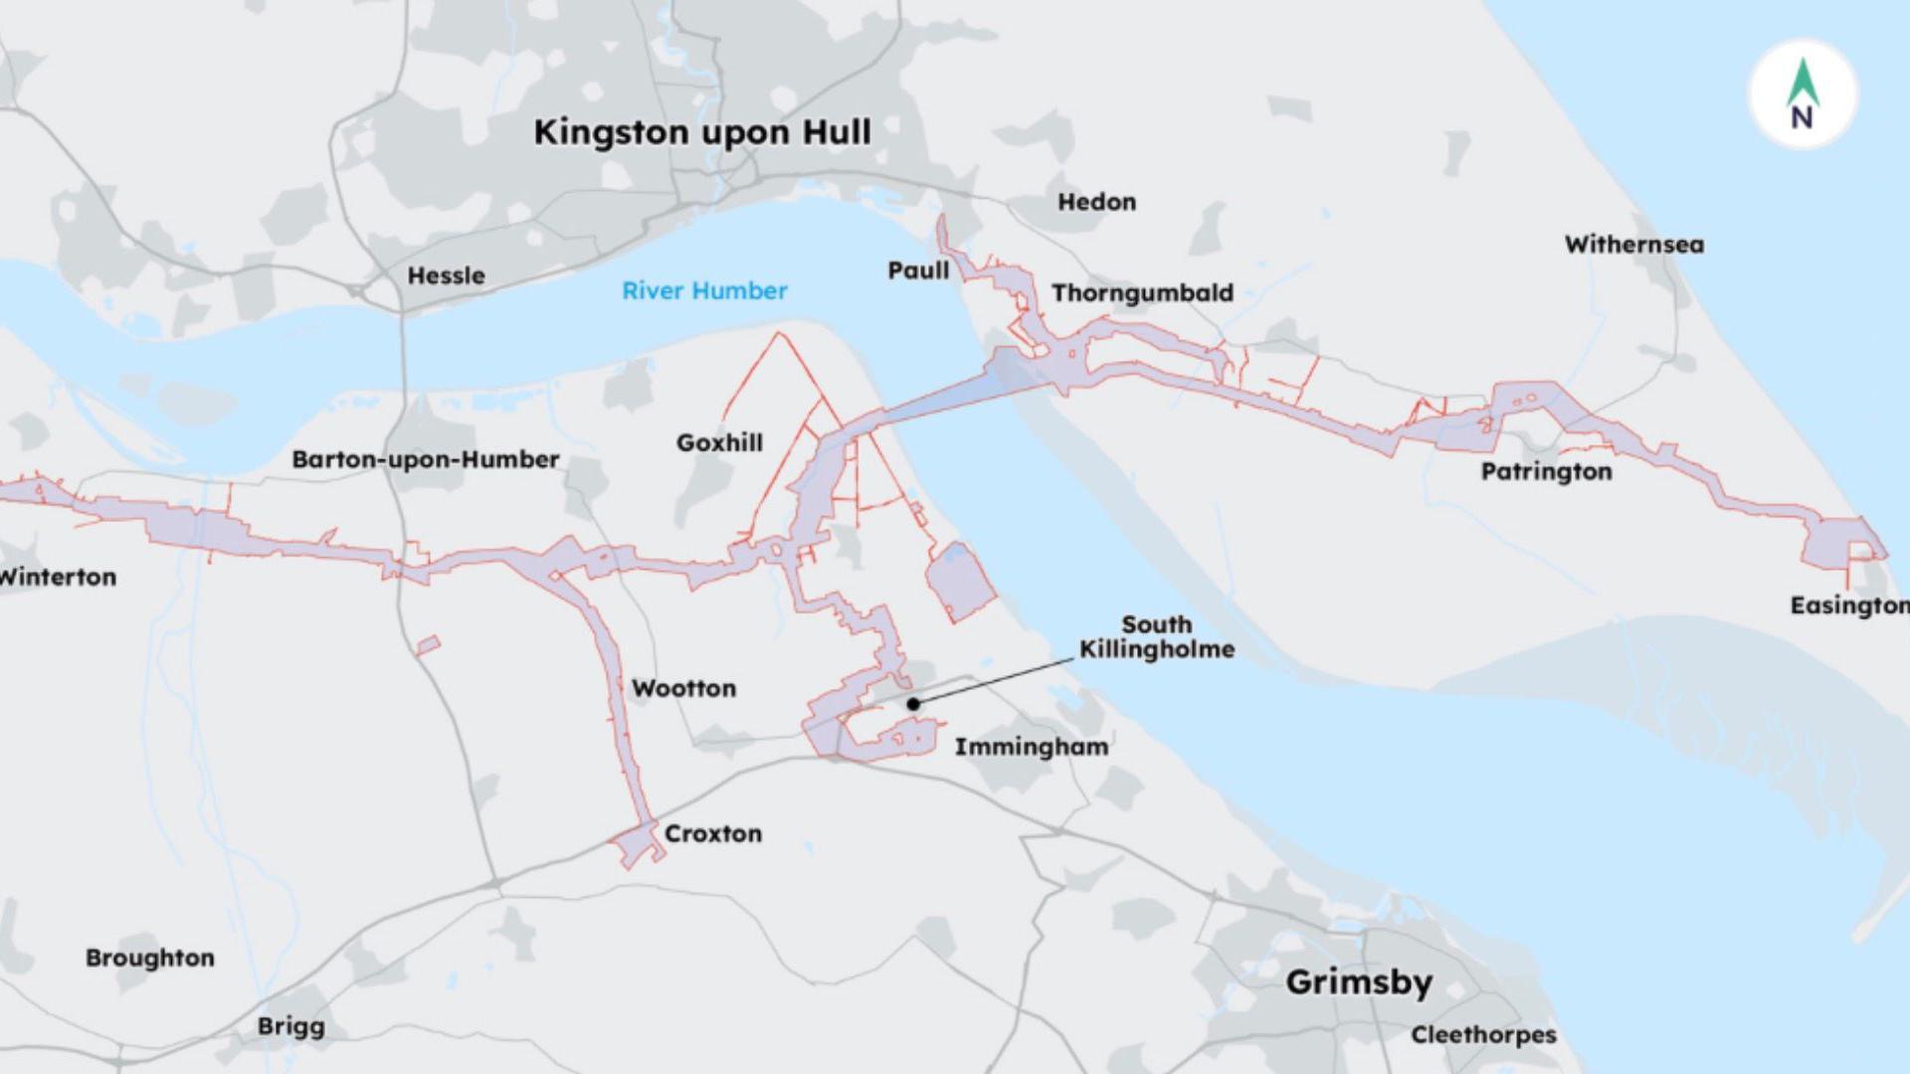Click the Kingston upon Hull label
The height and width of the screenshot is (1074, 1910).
(702, 132)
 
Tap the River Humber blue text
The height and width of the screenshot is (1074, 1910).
(704, 290)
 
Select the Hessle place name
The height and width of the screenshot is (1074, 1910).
(446, 275)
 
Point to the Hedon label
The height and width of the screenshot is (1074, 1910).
(1096, 202)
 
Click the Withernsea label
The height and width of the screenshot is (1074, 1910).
(1633, 245)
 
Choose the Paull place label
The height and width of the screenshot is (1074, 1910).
(917, 270)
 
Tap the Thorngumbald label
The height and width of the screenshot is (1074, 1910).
(1142, 293)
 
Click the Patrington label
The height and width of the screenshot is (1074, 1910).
(1546, 471)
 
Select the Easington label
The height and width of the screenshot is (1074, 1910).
(1848, 606)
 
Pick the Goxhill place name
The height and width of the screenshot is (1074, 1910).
(719, 443)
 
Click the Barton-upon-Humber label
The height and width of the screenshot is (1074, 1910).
(425, 459)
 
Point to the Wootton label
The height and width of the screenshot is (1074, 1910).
(683, 688)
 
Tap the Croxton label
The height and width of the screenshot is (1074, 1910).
(712, 833)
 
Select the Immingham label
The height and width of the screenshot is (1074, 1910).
(1032, 747)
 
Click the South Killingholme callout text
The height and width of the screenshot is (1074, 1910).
(1156, 637)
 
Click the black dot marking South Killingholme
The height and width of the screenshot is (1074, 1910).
(913, 704)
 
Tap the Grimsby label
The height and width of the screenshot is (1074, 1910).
(1359, 983)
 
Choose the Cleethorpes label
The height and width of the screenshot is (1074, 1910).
(1483, 1035)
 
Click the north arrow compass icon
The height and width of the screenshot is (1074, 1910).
(1803, 95)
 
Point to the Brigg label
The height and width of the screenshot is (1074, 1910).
(290, 1026)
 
